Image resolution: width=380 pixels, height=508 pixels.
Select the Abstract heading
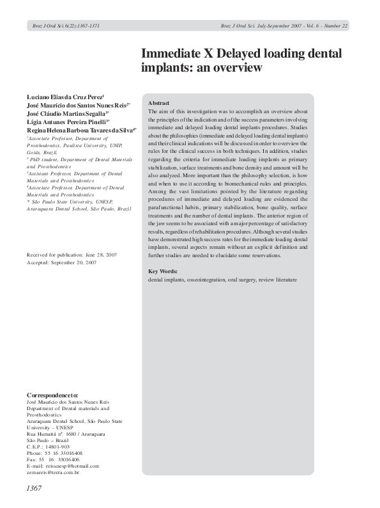pyautogui.click(x=158, y=103)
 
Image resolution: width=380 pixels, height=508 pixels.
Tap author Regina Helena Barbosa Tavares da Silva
pyautogui.click(x=82, y=129)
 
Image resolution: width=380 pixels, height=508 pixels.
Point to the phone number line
pyautogui.click(x=54, y=452)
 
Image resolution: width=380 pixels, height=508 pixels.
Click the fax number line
pyautogui.click(x=53, y=459)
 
